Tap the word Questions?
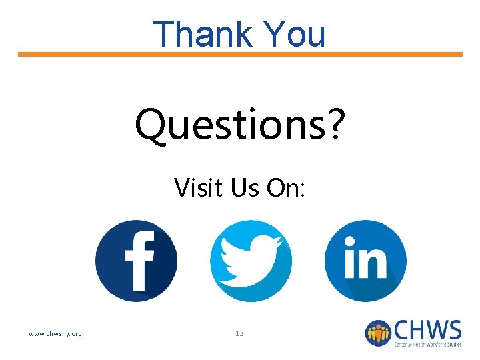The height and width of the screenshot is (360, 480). coord(240,125)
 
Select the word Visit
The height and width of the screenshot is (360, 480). coord(197,187)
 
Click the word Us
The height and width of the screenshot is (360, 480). coord(245,187)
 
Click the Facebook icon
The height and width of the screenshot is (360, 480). coord(136,260)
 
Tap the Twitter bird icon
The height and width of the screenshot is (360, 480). coord(251,260)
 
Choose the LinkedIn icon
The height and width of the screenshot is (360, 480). coord(365,260)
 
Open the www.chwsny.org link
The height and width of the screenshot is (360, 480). coord(55,333)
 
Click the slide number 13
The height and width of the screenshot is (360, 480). coord(239,333)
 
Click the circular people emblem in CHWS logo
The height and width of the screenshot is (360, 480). coord(378,333)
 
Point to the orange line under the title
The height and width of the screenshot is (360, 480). coord(240,54)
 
